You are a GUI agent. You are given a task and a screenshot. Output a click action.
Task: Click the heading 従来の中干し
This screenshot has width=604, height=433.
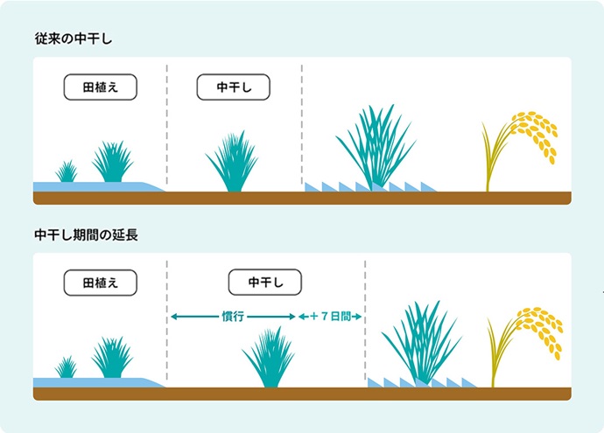coord(75,38)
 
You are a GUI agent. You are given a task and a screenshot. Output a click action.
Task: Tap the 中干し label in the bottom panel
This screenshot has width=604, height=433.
coord(264,282)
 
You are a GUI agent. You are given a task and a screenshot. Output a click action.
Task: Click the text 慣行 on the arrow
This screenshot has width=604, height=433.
coord(233,316)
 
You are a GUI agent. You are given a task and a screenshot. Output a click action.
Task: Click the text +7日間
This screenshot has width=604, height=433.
coord(332,316)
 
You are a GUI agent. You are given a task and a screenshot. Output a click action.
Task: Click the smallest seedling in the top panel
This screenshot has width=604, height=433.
coord(67,171)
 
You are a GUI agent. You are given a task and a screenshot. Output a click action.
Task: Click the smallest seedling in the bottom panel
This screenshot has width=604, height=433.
coord(67,367)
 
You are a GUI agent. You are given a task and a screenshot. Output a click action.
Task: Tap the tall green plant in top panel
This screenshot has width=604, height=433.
coord(374,149)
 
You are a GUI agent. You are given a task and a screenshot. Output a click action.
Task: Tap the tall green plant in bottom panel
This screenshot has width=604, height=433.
coord(420,344)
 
